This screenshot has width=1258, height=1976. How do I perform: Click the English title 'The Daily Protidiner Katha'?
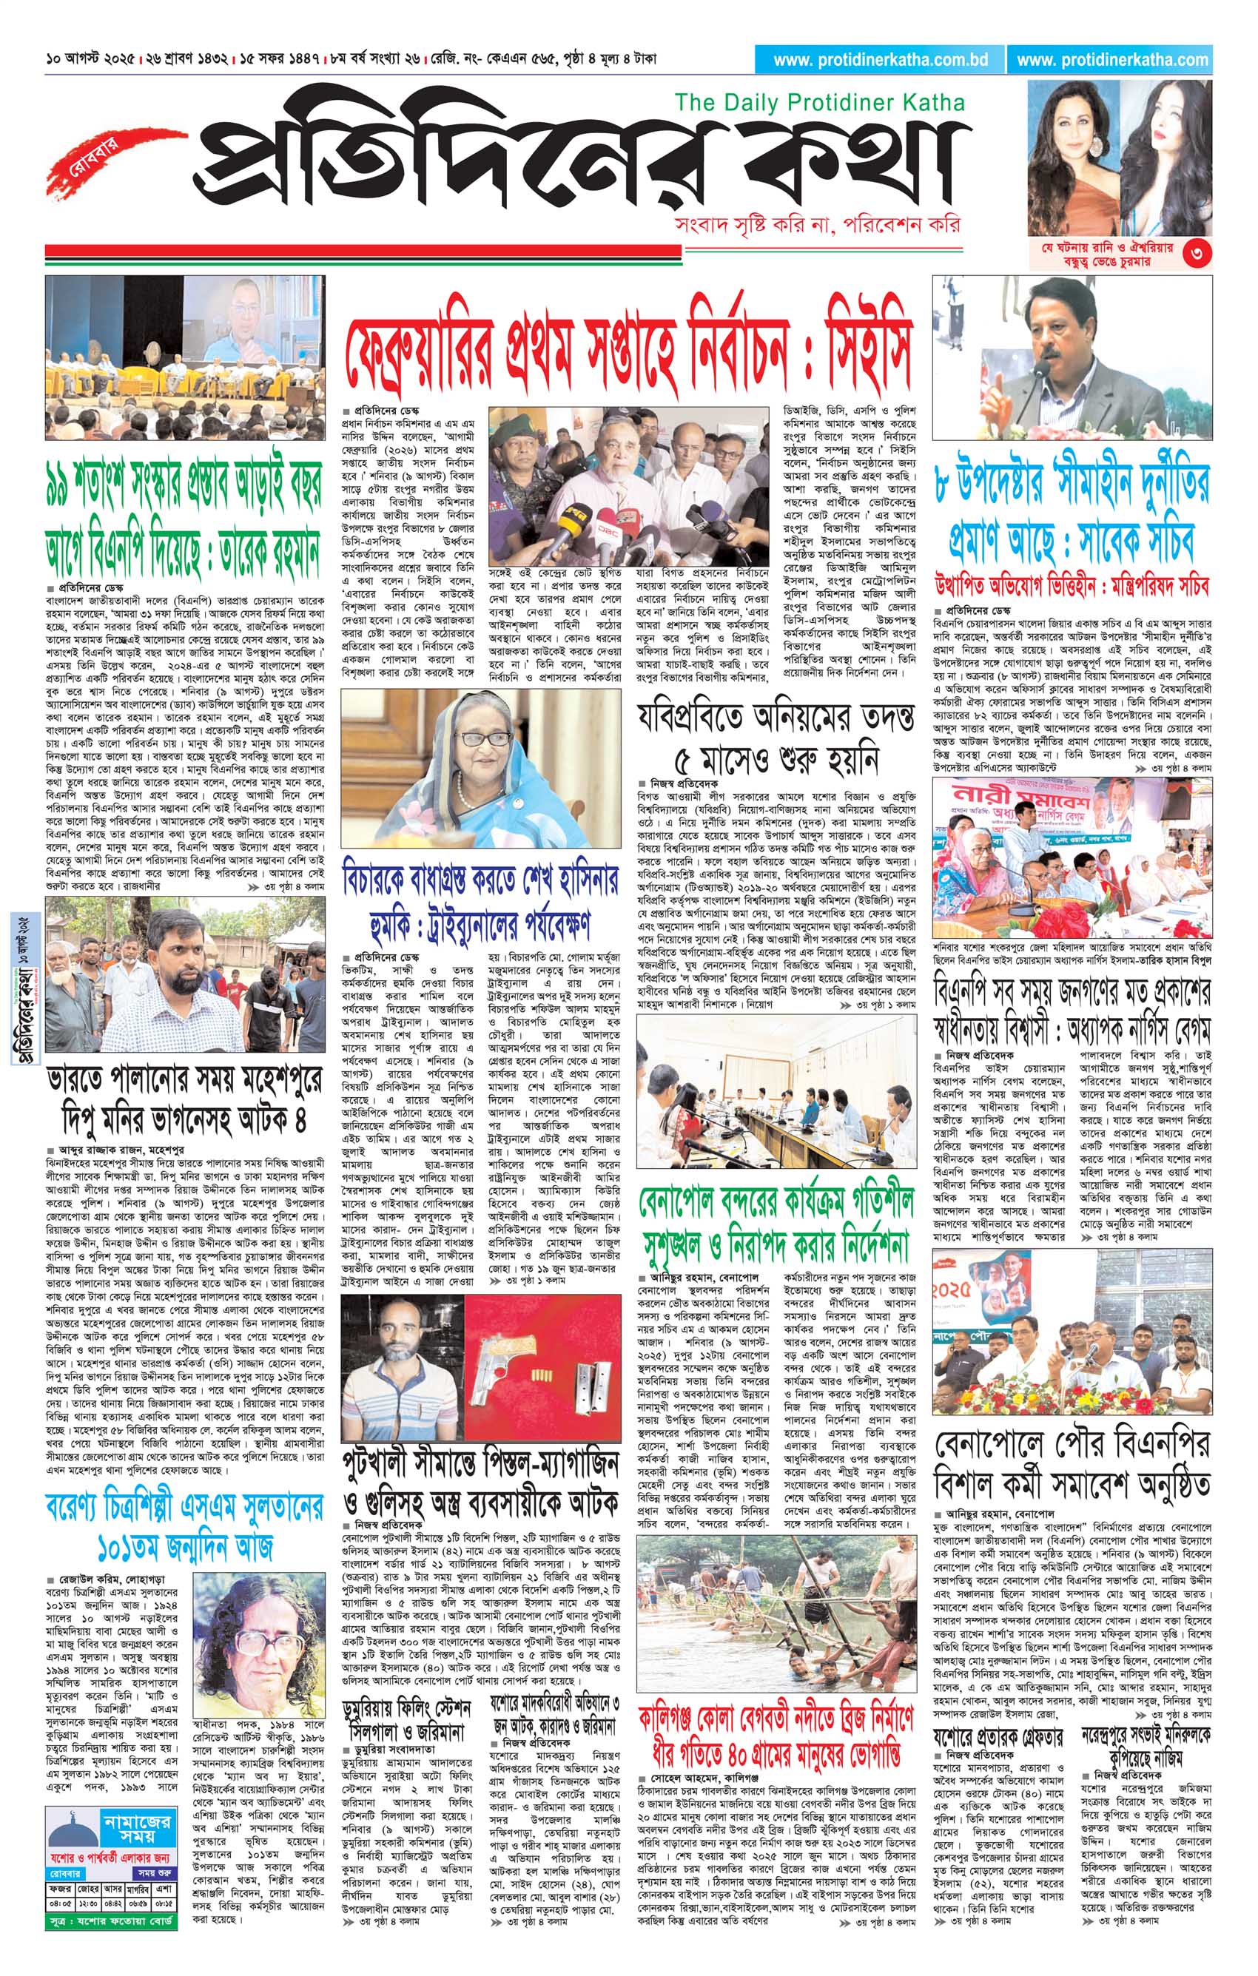pos(819,103)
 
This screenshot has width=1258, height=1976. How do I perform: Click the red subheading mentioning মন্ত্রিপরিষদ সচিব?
pos(1072,587)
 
